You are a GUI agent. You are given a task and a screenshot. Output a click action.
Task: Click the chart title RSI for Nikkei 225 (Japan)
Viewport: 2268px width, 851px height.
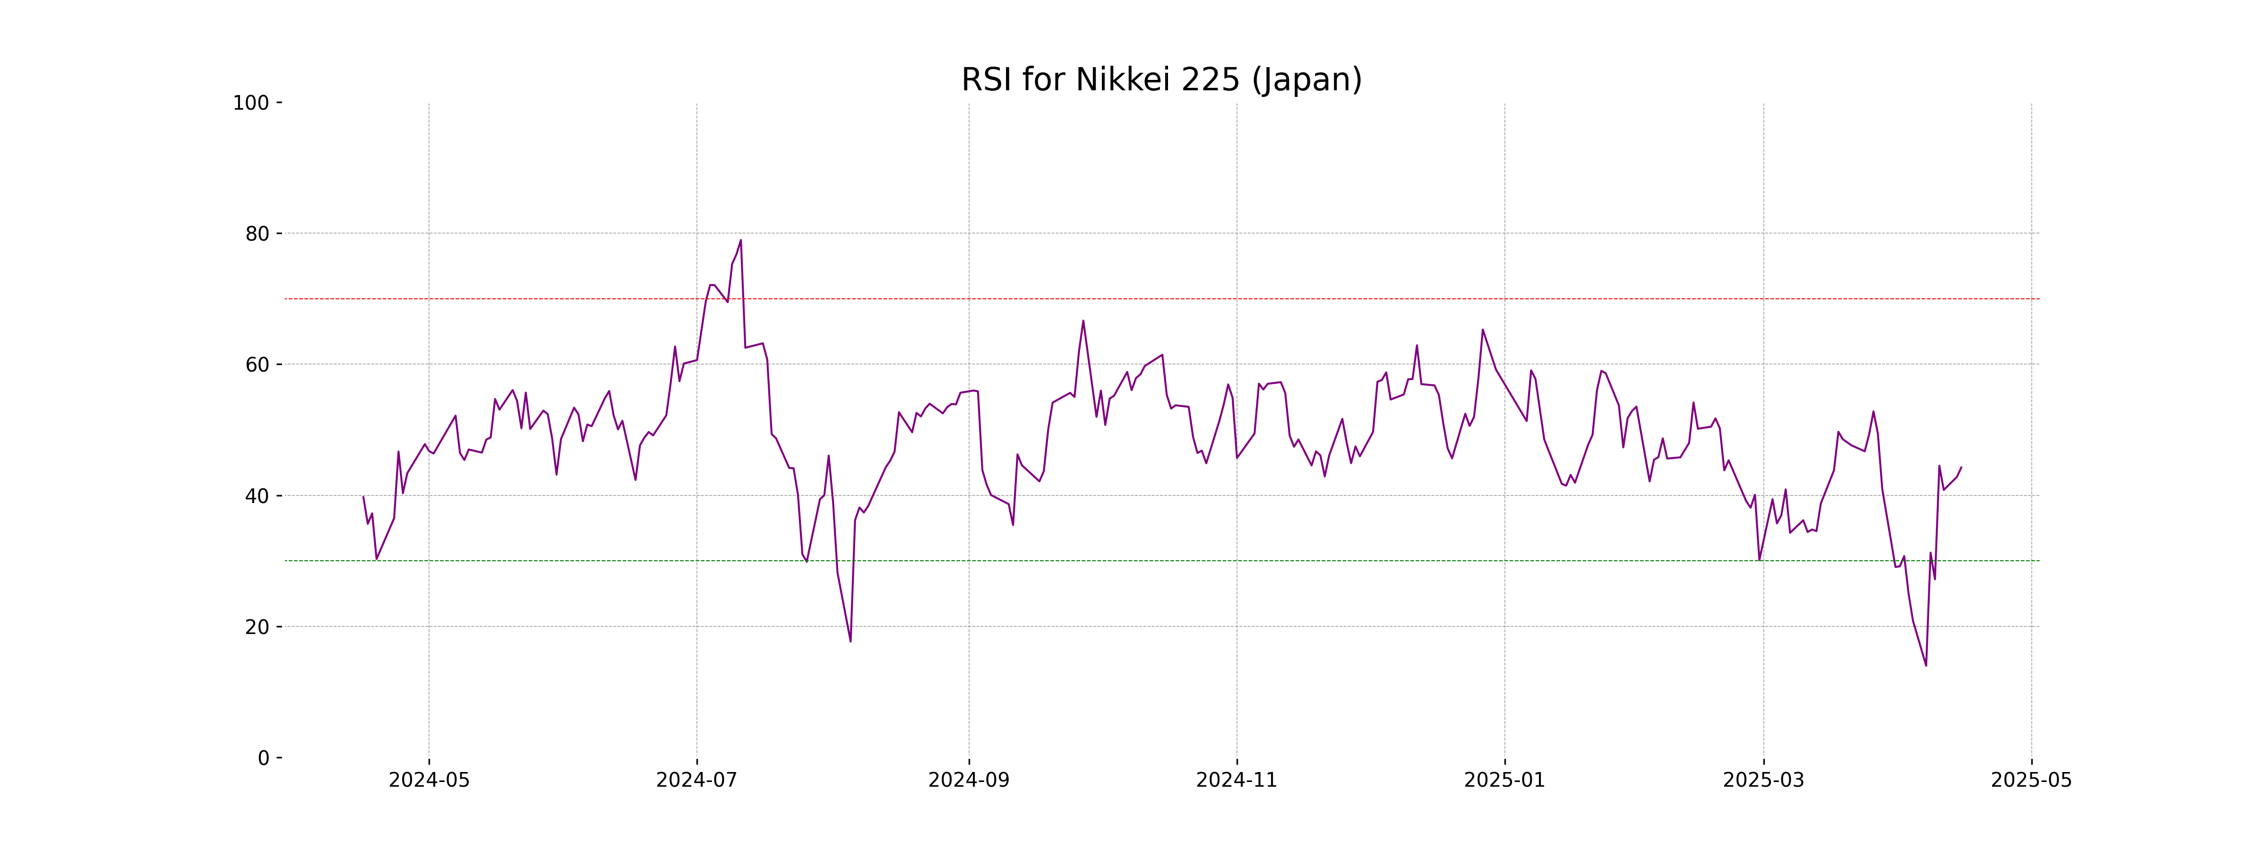(x=1161, y=80)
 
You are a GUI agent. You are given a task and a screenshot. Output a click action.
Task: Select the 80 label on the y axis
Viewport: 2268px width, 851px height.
(x=257, y=234)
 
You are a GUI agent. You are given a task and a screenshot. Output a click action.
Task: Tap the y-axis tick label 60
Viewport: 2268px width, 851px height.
(x=257, y=365)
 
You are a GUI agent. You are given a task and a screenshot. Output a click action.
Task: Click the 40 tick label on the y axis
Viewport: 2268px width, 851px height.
(x=257, y=496)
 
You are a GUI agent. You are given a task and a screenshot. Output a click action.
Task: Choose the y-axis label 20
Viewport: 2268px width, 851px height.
(x=257, y=627)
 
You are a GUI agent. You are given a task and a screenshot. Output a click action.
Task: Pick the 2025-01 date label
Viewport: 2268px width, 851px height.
(x=1504, y=781)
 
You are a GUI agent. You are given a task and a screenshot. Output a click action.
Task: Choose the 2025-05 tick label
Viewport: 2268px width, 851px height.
(x=2031, y=781)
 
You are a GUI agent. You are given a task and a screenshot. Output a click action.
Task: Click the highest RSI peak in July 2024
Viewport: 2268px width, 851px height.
(x=740, y=240)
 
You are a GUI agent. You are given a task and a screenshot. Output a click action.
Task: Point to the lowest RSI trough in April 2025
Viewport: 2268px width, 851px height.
(x=1925, y=665)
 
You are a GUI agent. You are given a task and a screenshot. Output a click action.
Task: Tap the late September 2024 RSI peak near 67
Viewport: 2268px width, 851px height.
(x=1083, y=321)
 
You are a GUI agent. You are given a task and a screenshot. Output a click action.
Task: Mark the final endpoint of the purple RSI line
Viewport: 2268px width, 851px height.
(x=1961, y=468)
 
